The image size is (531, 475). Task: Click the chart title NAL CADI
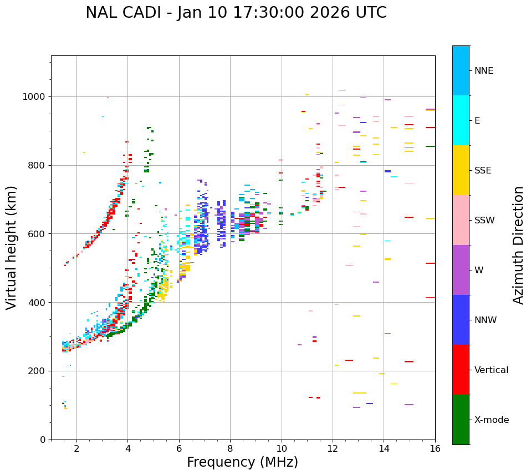pos(236,13)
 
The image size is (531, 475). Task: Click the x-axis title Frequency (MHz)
pos(242,462)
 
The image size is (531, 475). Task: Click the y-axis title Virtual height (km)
pos(12,247)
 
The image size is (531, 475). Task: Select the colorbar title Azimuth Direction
pos(518,245)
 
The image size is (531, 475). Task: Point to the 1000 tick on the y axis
pos(37,97)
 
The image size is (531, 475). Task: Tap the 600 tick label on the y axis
pos(39,234)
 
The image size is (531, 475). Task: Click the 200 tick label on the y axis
pos(39,371)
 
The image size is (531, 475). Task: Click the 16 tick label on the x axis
pos(435,448)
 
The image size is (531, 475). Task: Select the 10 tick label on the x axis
pos(282,448)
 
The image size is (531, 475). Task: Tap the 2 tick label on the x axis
pos(76,448)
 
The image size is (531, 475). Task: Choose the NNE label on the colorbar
pos(483,71)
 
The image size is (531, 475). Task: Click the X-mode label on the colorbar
pos(491,420)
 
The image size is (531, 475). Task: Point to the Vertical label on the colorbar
pos(491,370)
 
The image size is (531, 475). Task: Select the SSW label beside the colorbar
pos(484,221)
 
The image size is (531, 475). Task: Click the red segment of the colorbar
pos(461,370)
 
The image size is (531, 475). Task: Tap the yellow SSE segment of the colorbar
pos(461,170)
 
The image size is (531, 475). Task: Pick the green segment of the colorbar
pos(461,420)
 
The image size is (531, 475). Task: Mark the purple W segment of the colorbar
pos(461,270)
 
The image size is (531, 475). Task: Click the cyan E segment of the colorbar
pos(461,120)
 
